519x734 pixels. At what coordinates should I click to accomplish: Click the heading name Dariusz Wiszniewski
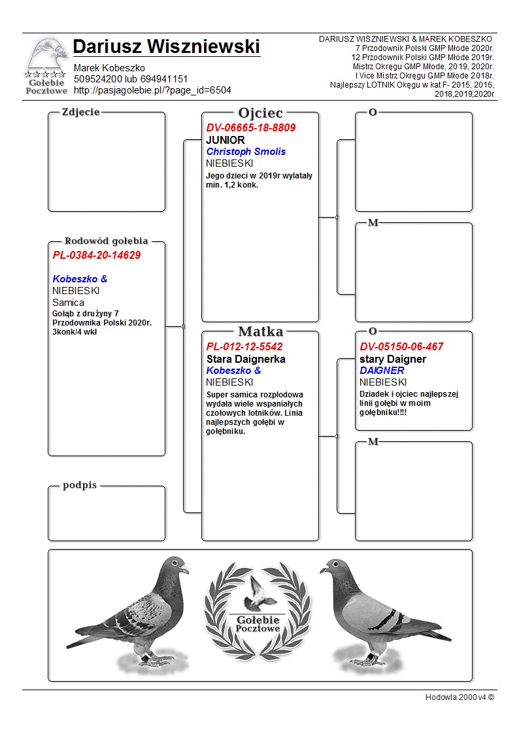[167, 47]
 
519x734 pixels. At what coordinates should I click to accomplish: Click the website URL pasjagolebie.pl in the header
[152, 90]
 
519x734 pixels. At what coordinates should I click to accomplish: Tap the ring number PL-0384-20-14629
[97, 255]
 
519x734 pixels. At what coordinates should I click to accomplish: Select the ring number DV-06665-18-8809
[251, 128]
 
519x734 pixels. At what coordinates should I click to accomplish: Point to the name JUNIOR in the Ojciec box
[226, 140]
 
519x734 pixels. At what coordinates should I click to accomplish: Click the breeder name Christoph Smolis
[246, 152]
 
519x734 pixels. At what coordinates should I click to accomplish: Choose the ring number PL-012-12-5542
[244, 347]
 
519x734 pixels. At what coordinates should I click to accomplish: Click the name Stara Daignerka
[246, 359]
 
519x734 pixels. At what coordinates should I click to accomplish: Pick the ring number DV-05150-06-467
[401, 347]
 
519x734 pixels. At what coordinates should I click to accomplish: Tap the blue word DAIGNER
[382, 371]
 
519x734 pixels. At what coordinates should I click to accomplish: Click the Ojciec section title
[260, 113]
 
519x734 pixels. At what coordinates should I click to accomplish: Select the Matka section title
[260, 331]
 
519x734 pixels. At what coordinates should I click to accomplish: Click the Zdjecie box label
[80, 112]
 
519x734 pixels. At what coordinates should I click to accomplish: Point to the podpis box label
[80, 485]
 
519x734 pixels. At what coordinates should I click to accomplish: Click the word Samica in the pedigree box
[68, 303]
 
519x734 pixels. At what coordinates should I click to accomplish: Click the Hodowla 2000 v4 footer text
[460, 697]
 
